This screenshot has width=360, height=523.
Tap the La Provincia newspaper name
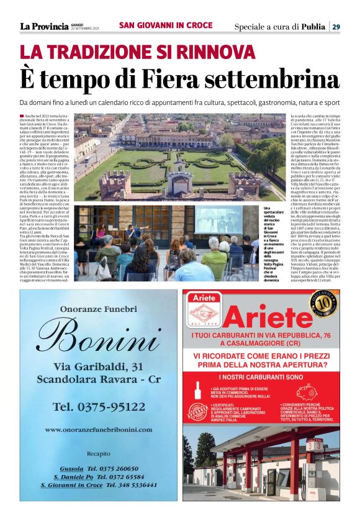[42, 26]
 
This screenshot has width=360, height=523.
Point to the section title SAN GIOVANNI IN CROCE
[165, 26]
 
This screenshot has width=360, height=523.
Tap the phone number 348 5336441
[131, 484]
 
